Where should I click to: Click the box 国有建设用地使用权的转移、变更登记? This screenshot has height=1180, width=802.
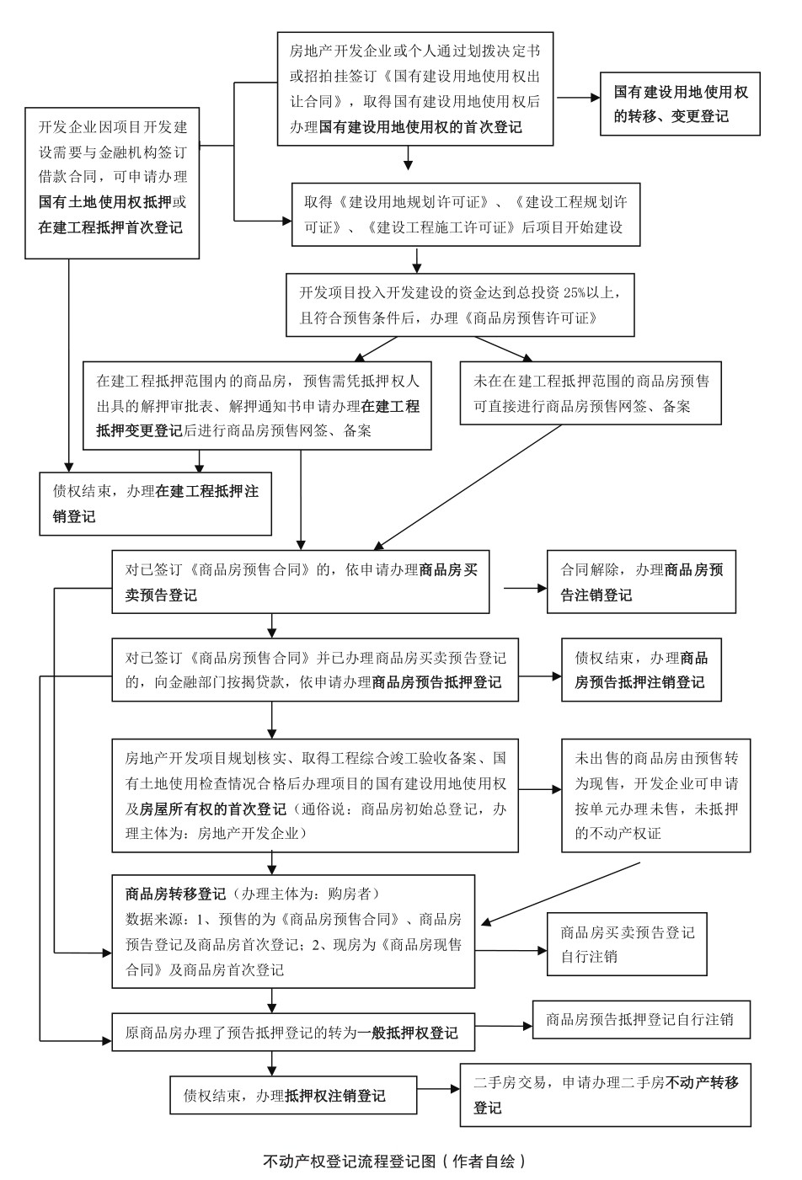[x=679, y=104]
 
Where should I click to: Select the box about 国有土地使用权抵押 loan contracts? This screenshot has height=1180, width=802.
[x=112, y=182]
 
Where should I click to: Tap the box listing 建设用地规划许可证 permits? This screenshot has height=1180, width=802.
[x=466, y=215]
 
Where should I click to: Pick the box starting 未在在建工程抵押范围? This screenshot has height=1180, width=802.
[x=591, y=392]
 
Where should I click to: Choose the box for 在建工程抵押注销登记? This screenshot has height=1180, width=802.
[x=156, y=504]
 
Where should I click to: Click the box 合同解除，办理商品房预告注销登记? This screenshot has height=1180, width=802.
[x=641, y=582]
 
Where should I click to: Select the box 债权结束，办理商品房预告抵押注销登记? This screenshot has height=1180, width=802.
[x=641, y=670]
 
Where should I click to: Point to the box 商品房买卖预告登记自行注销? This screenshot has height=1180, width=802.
[x=627, y=944]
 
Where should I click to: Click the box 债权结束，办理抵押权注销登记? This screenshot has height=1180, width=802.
[x=294, y=1096]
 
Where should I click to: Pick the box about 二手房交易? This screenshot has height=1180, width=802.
[x=605, y=1094]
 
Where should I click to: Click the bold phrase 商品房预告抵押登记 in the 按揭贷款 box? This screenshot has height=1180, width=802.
[x=436, y=682]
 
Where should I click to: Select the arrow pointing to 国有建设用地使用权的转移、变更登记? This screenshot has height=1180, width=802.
[x=576, y=98]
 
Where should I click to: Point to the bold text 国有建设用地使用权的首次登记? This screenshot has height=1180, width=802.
[x=420, y=127]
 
